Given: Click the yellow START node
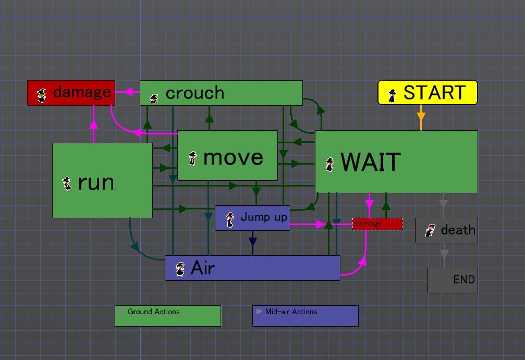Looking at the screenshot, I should point(428,92).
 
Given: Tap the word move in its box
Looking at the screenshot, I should point(233,157).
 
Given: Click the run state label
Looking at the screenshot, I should point(96,182).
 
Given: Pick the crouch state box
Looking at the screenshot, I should point(221,93).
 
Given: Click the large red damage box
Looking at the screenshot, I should point(71,93).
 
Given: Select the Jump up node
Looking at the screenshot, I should point(252,218).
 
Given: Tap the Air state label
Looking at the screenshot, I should point(203,268).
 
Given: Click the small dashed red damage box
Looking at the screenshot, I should point(377,224).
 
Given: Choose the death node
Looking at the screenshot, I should point(446,230).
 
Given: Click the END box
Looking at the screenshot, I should point(453,280).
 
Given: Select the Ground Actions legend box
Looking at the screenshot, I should point(168,316).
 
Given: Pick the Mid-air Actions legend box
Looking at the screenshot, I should point(306,316).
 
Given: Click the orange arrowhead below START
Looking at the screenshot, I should point(421,117).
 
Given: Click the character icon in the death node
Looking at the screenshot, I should point(430,230).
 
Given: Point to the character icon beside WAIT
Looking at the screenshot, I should point(329,165).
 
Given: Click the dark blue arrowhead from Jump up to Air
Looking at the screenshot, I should point(253,242).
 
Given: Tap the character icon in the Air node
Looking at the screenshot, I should point(180,269).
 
